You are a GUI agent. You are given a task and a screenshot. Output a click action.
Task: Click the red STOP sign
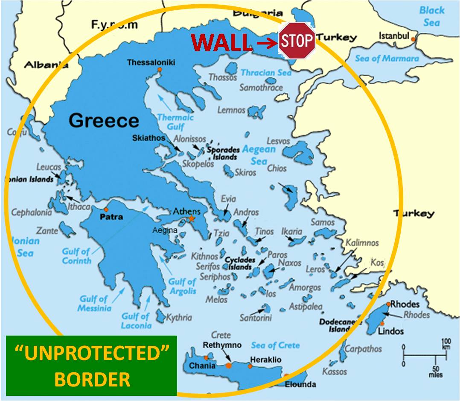tap(297, 41)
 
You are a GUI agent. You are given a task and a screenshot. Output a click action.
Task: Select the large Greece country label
tap(104, 121)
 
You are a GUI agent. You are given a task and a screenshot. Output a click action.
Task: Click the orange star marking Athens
tap(192, 219)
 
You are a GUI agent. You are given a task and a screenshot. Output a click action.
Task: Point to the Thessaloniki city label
tap(151, 63)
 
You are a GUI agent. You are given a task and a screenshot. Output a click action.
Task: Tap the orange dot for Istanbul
tap(413, 40)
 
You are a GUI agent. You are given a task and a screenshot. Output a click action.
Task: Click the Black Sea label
tap(432, 16)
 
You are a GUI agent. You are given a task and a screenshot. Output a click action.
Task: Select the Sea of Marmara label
tap(387, 59)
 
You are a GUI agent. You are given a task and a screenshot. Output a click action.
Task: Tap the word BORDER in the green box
tap(92, 379)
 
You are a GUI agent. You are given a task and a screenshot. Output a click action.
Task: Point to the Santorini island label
tap(255, 318)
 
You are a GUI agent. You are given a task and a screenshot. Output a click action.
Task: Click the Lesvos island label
tap(278, 141)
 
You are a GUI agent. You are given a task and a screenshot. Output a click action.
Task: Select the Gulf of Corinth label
tap(77, 256)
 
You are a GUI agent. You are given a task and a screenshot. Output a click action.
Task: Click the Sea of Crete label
tap(275, 345)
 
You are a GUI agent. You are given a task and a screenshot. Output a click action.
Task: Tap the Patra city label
tap(111, 217)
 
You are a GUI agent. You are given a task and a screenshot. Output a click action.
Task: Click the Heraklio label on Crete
tap(265, 360)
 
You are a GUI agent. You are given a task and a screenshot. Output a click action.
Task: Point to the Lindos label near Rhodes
tap(391, 331)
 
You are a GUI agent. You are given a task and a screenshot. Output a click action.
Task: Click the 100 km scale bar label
tap(445, 344)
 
